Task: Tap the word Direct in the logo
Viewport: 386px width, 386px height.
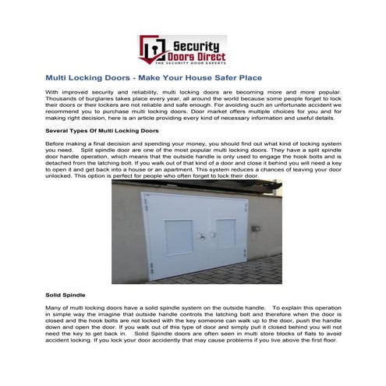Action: tap(211, 56)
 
